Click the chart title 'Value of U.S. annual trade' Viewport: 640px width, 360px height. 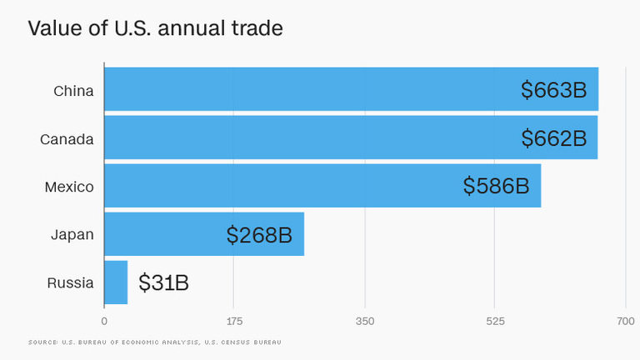[155, 28]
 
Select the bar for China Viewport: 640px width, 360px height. [308, 89]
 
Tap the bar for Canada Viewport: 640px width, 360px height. [308, 137]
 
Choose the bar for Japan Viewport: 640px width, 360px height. [167, 234]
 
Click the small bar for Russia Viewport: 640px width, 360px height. [116, 282]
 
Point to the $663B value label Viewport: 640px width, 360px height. [554, 90]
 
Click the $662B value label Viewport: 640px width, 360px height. [554, 138]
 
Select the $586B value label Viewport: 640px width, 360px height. [497, 186]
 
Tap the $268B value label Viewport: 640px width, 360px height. [259, 235]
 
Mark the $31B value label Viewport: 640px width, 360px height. [164, 283]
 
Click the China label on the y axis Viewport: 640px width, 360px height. [73, 90]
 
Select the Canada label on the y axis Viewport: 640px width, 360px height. [67, 138]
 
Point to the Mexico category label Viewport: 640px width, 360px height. [69, 187]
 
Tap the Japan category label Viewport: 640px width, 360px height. [72, 235]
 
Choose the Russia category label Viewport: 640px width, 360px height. [71, 283]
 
